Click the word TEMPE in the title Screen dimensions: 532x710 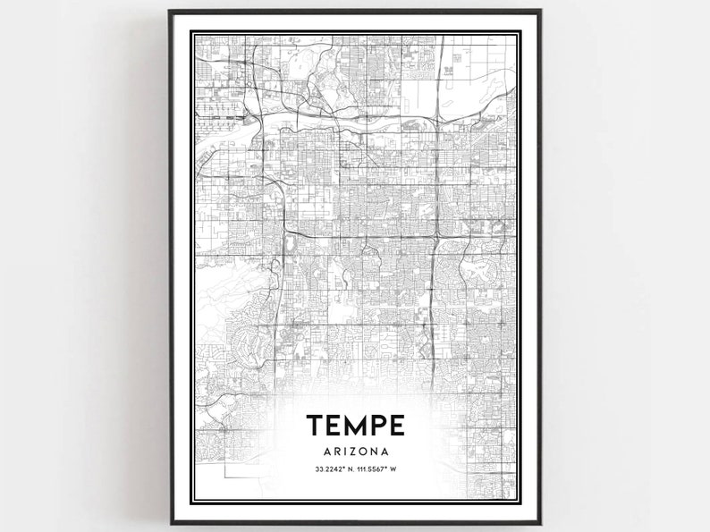(x=356, y=424)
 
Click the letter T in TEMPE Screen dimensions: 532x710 (x=315, y=424)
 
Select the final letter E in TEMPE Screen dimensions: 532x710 (x=397, y=424)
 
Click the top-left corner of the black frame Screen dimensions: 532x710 (x=169, y=13)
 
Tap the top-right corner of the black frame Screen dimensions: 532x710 (x=542, y=13)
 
